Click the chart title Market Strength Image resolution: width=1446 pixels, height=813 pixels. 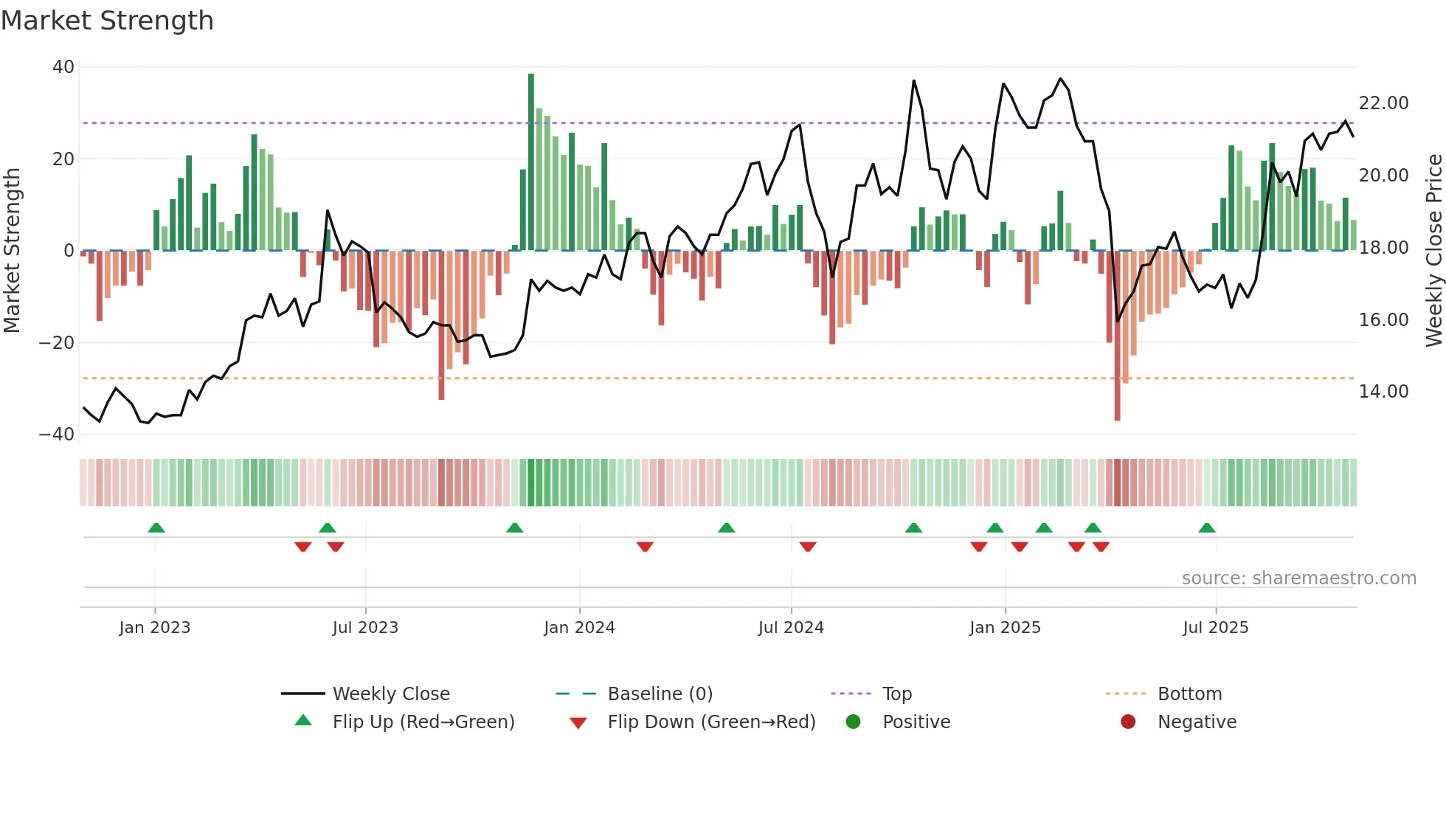pyautogui.click(x=108, y=21)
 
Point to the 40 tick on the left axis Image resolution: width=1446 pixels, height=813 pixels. pyautogui.click(x=63, y=67)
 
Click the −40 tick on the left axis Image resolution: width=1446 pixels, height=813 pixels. pyautogui.click(x=58, y=435)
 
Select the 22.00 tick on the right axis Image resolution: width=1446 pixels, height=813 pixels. pyautogui.click(x=1383, y=103)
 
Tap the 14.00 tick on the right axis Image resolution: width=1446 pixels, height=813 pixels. pyautogui.click(x=1383, y=392)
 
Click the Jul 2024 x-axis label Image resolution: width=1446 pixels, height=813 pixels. pyautogui.click(x=791, y=628)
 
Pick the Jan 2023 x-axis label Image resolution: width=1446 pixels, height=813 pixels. pyautogui.click(x=155, y=628)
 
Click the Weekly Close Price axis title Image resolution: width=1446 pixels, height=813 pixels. pyautogui.click(x=1433, y=251)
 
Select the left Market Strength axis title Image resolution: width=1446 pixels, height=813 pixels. pyautogui.click(x=13, y=251)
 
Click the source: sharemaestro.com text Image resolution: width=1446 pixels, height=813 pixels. pyautogui.click(x=1298, y=578)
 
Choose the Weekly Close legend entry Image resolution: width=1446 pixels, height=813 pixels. pyautogui.click(x=391, y=694)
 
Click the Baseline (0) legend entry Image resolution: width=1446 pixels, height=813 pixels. pyautogui.click(x=660, y=694)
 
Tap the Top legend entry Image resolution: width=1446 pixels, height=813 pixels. pyautogui.click(x=896, y=694)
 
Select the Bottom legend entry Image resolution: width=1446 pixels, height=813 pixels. pyautogui.click(x=1189, y=694)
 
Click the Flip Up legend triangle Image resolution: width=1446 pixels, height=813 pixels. pyautogui.click(x=303, y=721)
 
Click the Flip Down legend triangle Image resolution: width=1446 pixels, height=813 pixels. pyautogui.click(x=578, y=723)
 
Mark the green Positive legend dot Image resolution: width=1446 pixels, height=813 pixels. pyautogui.click(x=854, y=722)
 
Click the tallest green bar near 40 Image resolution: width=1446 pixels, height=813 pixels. pyautogui.click(x=531, y=162)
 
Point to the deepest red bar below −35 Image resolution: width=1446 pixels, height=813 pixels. pyautogui.click(x=1118, y=336)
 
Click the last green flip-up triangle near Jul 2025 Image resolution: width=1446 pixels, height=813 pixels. pyautogui.click(x=1207, y=527)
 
